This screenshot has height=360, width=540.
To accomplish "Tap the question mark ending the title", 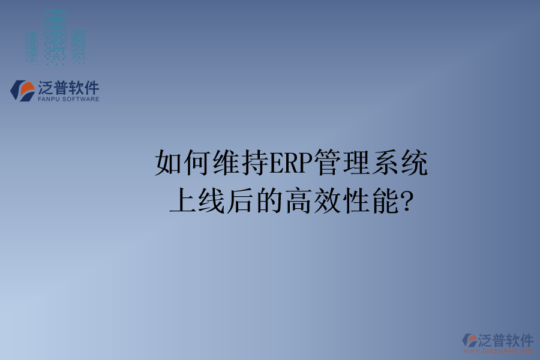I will click(406, 202).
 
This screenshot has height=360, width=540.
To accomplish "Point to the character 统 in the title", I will click(415, 163).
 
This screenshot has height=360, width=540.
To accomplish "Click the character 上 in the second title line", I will click(183, 202).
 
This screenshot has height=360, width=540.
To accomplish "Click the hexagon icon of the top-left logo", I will click(23, 91).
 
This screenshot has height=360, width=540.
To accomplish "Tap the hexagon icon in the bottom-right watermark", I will click(470, 340).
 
